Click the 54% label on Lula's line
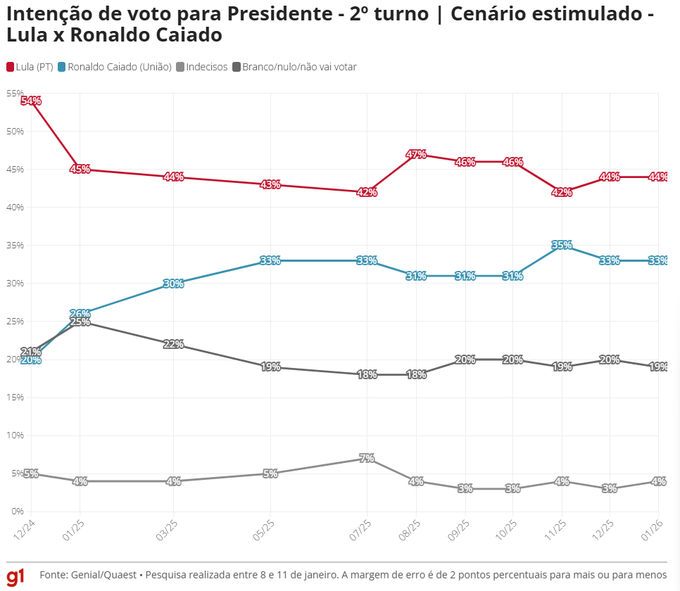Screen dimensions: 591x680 click(x=31, y=101)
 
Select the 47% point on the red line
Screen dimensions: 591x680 click(x=416, y=154)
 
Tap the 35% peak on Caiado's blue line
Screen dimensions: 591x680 click(x=561, y=246)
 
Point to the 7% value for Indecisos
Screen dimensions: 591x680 click(x=367, y=458)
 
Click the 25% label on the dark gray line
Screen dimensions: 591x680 click(x=80, y=322)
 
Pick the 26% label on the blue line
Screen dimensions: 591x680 click(x=80, y=314)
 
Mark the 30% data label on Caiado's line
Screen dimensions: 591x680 click(x=173, y=284)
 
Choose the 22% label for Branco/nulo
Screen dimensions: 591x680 click(x=173, y=344)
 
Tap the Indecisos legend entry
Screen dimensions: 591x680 click(x=206, y=67)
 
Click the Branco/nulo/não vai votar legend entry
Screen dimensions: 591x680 click(x=299, y=67)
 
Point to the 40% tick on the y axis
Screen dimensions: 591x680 click(x=15, y=208)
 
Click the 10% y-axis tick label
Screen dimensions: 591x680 click(x=15, y=436)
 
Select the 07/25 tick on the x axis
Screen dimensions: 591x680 click(x=361, y=528)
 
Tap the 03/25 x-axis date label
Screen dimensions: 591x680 click(x=168, y=528)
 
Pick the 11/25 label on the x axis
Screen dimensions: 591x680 click(x=555, y=528)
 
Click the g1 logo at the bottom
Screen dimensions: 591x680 click(x=15, y=576)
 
